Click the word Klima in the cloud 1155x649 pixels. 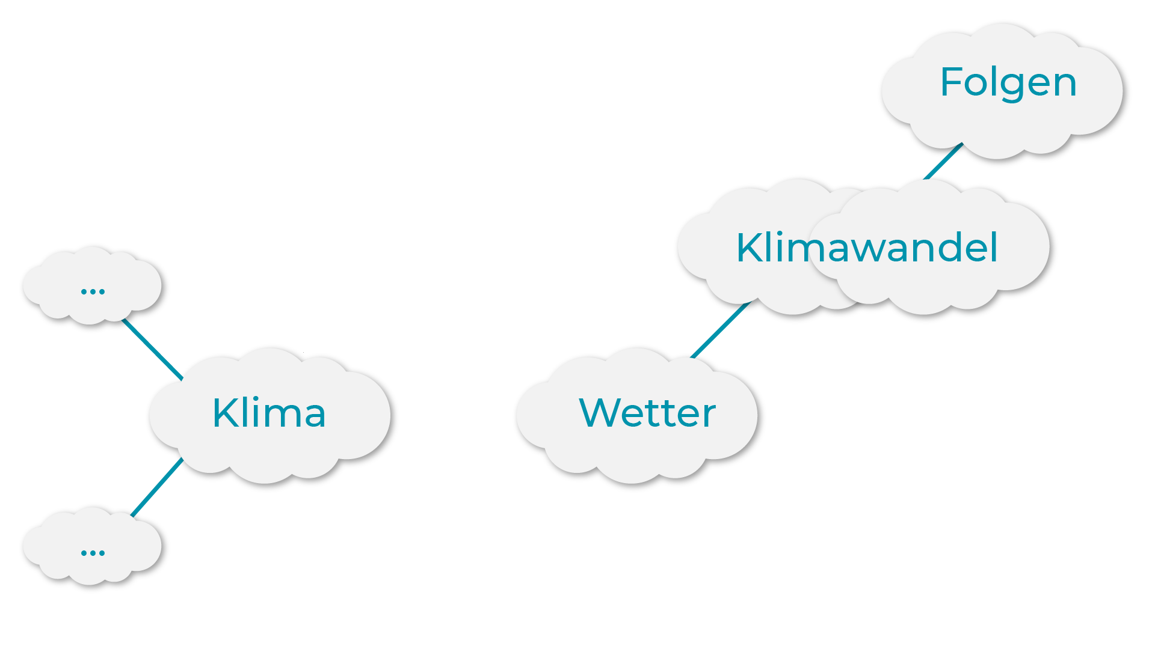coord(269,413)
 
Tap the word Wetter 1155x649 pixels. coord(647,413)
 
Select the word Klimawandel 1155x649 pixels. coord(867,247)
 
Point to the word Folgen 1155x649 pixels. coord(1008,82)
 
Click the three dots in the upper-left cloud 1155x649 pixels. coord(93,291)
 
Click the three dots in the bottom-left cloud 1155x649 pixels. coord(93,553)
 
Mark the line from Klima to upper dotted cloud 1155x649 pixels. coord(152,350)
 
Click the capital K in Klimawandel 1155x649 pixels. coord(750,247)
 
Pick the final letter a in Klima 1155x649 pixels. coord(314,416)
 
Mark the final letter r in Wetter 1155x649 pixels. coord(709,416)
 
